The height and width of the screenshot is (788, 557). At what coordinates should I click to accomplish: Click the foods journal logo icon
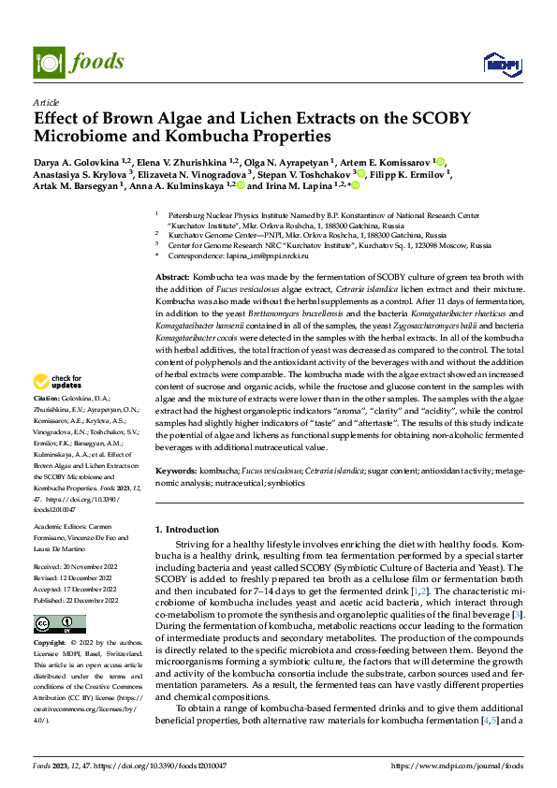pos(49,62)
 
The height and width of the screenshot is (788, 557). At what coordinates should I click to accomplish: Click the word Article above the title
pos(46,102)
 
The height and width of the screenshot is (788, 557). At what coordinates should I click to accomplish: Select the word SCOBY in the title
pos(443,119)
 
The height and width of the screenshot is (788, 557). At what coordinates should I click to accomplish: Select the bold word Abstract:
pos(171,279)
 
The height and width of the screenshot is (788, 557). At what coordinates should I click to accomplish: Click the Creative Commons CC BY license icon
pos(59,623)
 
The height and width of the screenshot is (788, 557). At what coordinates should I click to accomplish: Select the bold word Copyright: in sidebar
pos(51,644)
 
